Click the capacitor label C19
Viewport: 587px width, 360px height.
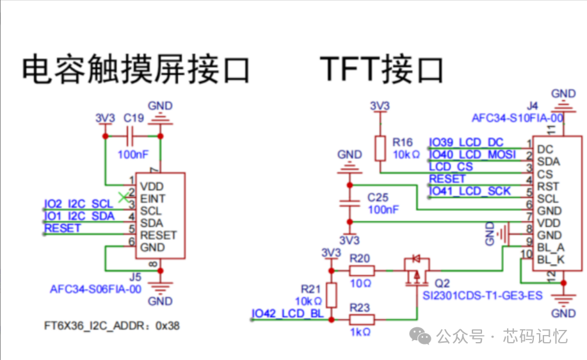(x=134, y=119)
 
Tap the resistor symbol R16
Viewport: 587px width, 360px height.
(x=380, y=148)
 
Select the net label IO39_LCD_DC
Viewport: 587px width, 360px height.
(x=466, y=142)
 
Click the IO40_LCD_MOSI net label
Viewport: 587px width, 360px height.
(x=472, y=154)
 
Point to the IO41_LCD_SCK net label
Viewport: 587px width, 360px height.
(x=470, y=191)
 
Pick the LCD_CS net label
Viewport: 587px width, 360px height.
(x=451, y=167)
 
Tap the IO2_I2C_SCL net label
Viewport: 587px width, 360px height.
(x=78, y=204)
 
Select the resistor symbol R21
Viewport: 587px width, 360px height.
(x=332, y=295)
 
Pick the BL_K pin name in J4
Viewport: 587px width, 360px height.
(x=551, y=260)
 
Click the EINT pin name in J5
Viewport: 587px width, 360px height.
(x=152, y=199)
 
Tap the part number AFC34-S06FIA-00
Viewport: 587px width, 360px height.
(x=95, y=289)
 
